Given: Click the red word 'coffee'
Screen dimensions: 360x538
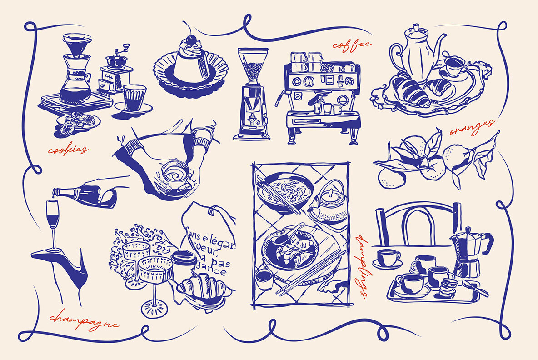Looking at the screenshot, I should [352, 45].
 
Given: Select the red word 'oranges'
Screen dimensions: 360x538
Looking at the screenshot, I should [471, 127].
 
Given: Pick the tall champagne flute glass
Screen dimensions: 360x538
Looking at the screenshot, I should [53, 223].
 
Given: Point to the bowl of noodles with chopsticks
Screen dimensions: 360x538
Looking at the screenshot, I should [284, 191].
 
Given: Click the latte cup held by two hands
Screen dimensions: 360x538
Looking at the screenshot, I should [175, 175].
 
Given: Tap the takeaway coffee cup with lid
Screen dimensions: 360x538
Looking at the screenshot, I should [183, 266].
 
